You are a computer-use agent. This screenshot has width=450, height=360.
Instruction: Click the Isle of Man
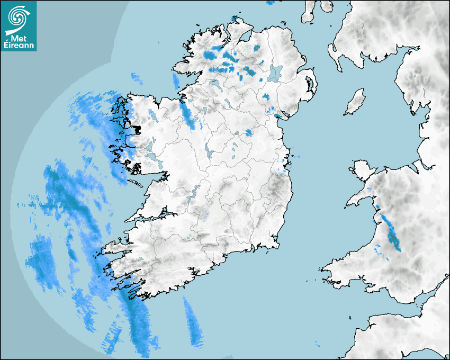[x=355, y=102]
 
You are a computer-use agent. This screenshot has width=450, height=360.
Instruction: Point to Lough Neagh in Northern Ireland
[x=275, y=73]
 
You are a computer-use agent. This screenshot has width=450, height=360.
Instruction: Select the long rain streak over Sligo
[x=187, y=112]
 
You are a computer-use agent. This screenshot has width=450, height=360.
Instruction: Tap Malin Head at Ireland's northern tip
[x=236, y=20]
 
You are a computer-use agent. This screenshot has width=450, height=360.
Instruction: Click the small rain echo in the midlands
[x=248, y=132]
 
